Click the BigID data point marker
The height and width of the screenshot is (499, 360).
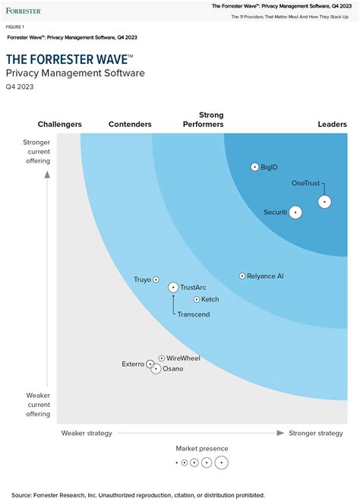[x=254, y=167]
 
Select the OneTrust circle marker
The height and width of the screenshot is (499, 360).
[x=324, y=201]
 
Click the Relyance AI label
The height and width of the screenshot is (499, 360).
[x=266, y=276]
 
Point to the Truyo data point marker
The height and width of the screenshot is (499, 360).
[x=156, y=280]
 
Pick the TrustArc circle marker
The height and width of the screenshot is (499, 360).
[x=173, y=287]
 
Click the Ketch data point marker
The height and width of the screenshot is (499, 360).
[x=197, y=299]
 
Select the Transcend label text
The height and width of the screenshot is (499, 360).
[x=194, y=314]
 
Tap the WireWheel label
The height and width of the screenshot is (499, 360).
[x=183, y=358]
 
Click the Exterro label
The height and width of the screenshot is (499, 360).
[x=133, y=364]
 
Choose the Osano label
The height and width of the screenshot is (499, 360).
[x=172, y=369]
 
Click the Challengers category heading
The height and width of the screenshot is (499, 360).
[x=60, y=125]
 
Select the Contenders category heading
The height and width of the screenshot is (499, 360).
[x=130, y=125]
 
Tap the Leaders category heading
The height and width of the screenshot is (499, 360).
[x=332, y=125]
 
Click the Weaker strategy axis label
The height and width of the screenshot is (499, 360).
[x=87, y=433]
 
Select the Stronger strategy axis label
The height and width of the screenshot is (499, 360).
[x=315, y=433]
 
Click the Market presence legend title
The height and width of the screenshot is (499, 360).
[x=202, y=449]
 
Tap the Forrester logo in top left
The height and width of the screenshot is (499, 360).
[x=24, y=11]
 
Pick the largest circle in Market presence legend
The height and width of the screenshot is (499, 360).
[x=221, y=462]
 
